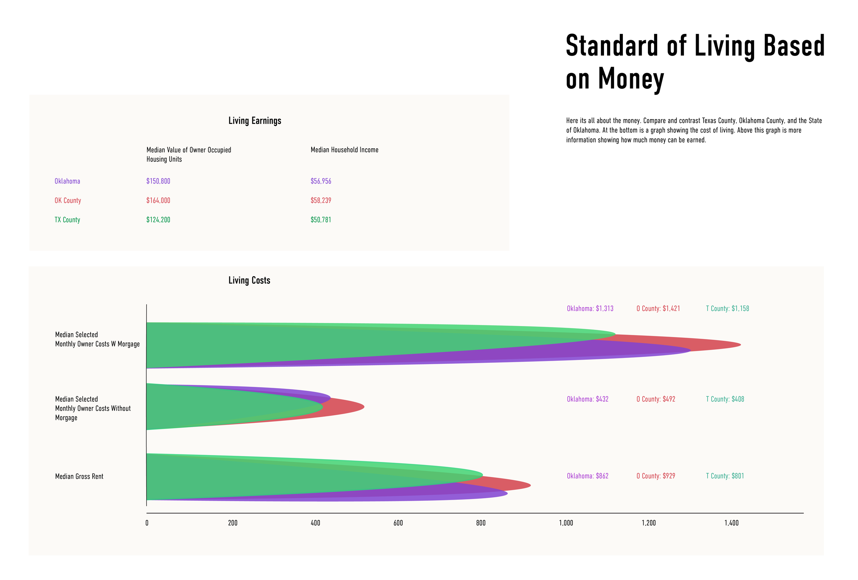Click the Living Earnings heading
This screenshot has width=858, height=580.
click(255, 121)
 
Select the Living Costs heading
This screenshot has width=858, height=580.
click(249, 280)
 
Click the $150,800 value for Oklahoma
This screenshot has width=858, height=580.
click(158, 181)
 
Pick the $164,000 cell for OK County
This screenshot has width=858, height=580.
click(158, 200)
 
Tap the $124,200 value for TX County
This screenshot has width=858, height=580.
click(158, 220)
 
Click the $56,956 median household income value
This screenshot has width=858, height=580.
click(321, 181)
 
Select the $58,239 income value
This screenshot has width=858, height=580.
click(321, 200)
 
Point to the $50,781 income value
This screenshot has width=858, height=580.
click(321, 220)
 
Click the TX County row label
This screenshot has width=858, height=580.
click(67, 220)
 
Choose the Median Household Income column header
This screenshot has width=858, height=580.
click(345, 150)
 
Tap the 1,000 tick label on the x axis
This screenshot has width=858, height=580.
click(566, 523)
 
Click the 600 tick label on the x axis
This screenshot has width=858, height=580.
click(398, 523)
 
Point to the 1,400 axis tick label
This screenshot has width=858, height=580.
click(731, 523)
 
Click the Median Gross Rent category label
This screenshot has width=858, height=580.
click(79, 476)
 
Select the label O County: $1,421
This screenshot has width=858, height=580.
click(658, 308)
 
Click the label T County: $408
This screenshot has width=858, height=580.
click(725, 399)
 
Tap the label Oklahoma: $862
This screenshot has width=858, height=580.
click(587, 476)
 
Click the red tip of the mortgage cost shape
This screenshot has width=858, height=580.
click(740, 345)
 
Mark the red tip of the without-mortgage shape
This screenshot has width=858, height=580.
click(364, 407)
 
